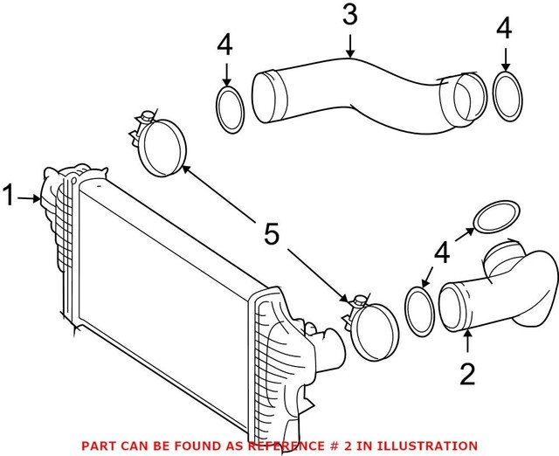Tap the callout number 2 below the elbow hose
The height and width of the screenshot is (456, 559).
pos(468,375)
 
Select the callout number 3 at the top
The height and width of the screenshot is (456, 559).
pos(349,16)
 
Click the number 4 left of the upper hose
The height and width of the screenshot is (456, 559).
pos(226,46)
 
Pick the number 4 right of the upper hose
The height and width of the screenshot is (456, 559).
pos(505,29)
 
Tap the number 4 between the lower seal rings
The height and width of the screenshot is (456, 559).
pos(442,253)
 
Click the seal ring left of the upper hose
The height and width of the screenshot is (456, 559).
pos(230,109)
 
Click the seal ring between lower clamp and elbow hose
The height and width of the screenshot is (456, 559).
pos(420,311)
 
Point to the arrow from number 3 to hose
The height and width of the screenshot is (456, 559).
pos(349,44)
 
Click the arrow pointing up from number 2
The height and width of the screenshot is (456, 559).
pos(468,345)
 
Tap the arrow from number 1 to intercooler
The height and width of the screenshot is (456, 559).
pos(31,198)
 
